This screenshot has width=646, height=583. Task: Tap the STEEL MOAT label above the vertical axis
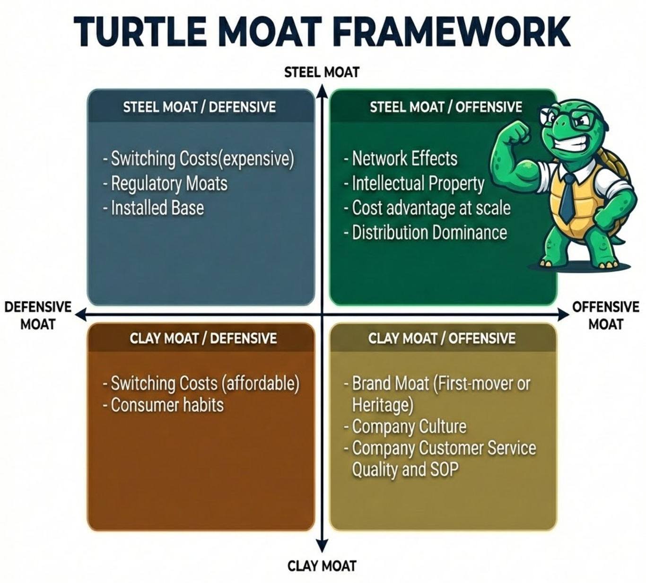322,72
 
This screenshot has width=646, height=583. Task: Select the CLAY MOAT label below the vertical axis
322,566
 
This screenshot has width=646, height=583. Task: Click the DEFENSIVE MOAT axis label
38,315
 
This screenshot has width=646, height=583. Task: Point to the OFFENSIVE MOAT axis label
605,315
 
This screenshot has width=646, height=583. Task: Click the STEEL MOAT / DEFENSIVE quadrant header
200,107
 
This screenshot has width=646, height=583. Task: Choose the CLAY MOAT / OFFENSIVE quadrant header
442,338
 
